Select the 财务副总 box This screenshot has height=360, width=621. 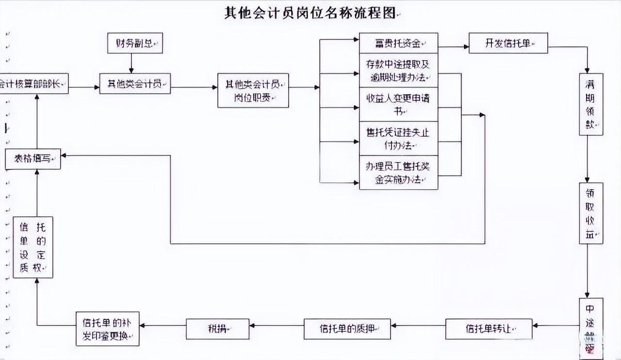click(134, 43)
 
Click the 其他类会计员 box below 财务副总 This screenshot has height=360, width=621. click(135, 83)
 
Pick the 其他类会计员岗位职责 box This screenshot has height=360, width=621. click(253, 90)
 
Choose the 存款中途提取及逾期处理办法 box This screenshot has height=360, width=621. click(398, 70)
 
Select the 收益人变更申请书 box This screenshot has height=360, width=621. click(398, 104)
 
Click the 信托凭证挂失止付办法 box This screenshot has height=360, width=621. click(398, 138)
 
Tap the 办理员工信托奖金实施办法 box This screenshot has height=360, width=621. click(398, 172)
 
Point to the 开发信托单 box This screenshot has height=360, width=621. click(508, 43)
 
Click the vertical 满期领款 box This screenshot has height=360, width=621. click(591, 104)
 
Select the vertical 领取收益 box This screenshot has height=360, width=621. click(591, 213)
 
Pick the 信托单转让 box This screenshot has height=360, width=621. click(489, 329)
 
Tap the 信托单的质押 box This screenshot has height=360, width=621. click(347, 329)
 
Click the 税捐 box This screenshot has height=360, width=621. click(217, 329)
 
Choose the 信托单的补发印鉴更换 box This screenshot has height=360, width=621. click(107, 329)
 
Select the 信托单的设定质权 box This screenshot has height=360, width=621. click(33, 247)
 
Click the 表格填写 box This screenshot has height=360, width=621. click(33, 159)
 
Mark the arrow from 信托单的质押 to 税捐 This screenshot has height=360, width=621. click(277, 325)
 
